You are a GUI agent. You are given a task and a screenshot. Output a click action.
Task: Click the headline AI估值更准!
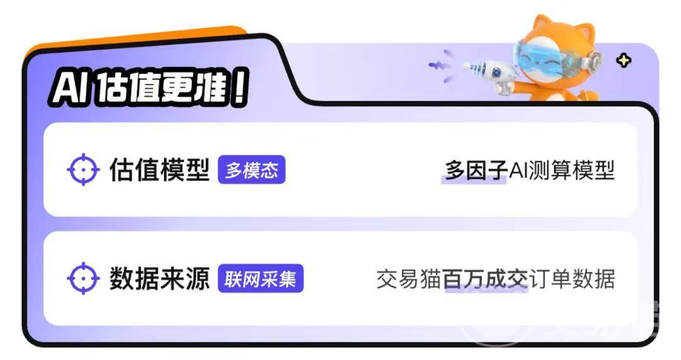coord(150,88)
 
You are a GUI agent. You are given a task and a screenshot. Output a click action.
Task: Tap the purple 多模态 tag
coord(252,170)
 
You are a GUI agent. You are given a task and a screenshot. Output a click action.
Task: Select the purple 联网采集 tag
coord(260,279)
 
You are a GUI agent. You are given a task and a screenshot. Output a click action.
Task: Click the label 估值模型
coord(160,170)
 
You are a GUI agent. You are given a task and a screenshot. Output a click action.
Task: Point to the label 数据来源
coord(160,279)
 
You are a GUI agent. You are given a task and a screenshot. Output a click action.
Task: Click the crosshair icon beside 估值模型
coord(83,170)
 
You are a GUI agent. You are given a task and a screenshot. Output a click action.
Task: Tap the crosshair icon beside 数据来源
coord(83,279)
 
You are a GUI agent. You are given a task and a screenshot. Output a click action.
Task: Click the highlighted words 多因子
coord(475,170)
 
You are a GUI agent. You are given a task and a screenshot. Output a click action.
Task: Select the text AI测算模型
coord(562,170)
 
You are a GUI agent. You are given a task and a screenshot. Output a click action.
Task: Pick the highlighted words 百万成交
coord(485,279)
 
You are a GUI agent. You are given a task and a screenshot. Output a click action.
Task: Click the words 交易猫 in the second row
coord(409,279)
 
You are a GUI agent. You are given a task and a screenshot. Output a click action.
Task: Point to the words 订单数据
coord(572,279)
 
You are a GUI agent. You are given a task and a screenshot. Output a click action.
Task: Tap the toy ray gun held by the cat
coord(489,74)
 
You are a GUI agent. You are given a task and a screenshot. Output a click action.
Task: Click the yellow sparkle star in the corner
coord(624,61)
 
